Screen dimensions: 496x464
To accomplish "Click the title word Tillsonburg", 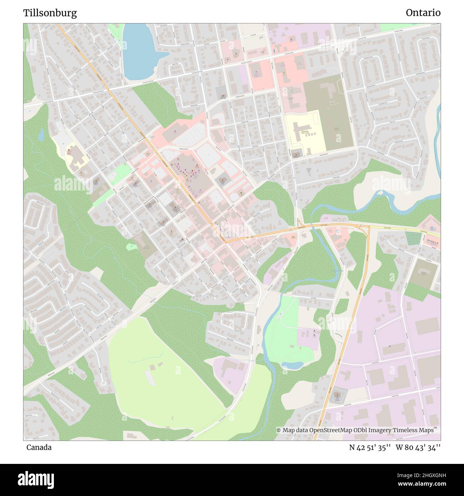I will pos(50,13).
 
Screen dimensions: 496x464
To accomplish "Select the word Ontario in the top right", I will pos(423,13).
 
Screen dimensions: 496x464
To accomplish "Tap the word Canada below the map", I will pos(39,447).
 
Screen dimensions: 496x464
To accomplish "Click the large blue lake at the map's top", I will pos(139,52).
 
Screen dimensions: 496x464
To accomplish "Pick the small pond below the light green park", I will pos(292,365).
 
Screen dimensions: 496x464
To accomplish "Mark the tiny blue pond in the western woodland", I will pos(41,135).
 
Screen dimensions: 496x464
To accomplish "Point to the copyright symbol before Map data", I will pos(279,430).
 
